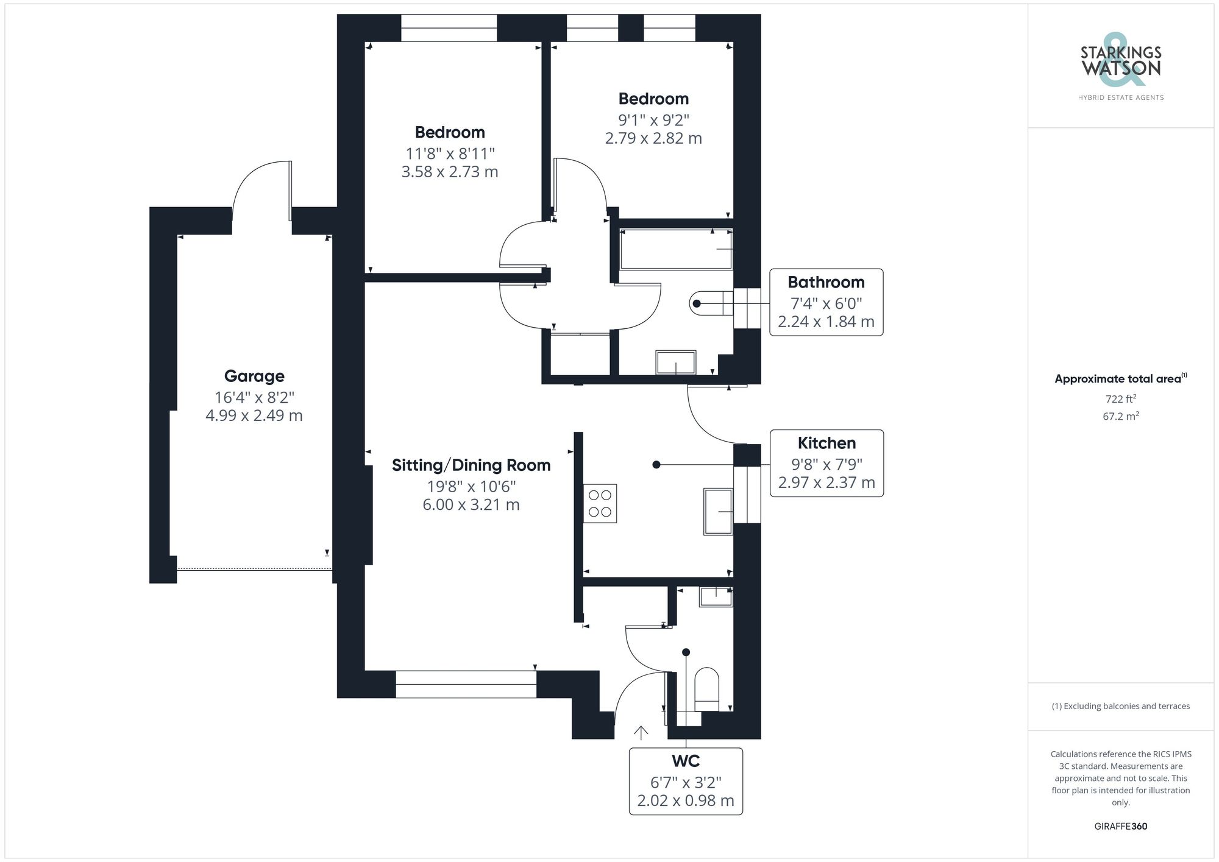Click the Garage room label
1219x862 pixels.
pos(254,376)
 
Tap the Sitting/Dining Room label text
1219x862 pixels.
pos(471,465)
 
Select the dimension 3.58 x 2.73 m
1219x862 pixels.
pos(449,172)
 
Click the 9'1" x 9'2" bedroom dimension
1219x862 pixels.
pos(653,120)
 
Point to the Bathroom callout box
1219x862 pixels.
pos(826,302)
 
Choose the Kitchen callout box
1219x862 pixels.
pos(826,464)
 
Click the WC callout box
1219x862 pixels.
pos(686,781)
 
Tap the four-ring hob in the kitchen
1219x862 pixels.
pos(600,503)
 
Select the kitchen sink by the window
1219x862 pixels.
pos(718,512)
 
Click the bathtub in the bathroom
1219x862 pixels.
pos(675,249)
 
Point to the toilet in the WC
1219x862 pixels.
pos(707,690)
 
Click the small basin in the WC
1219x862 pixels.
pos(716,596)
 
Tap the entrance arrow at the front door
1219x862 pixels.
pos(641,733)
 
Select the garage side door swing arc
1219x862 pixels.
pos(259,183)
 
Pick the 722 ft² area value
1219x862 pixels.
pos(1120,400)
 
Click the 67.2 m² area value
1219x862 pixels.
pos(1120,417)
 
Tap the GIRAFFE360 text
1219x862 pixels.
pos(1120,826)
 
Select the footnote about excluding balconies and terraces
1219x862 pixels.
pos(1120,706)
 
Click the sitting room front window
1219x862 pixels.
pos(466,684)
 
